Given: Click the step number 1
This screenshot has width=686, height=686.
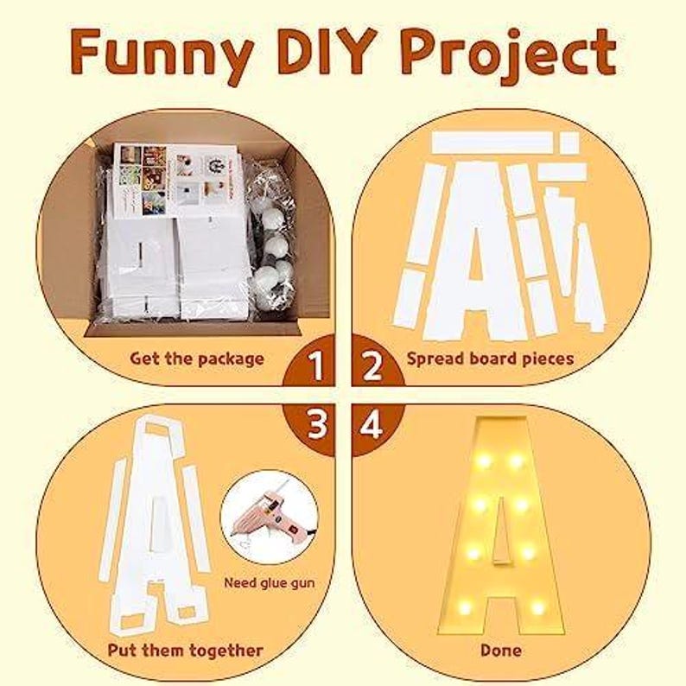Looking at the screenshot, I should (x=316, y=367).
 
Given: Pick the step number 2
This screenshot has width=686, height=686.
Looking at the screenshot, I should (x=372, y=367).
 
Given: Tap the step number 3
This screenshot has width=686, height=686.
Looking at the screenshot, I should (x=316, y=424).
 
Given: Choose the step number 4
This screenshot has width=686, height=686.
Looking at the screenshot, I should (x=372, y=424).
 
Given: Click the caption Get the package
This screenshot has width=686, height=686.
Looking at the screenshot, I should (x=197, y=358).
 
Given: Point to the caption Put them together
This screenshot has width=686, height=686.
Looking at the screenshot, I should (x=186, y=650).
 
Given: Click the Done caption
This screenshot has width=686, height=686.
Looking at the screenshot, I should (x=500, y=650).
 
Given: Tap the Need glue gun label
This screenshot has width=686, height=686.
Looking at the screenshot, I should (x=270, y=582).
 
